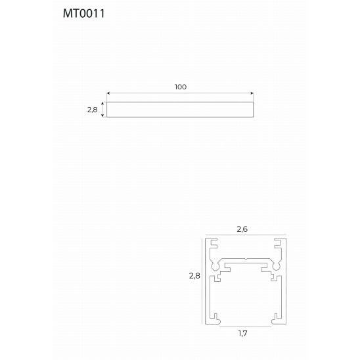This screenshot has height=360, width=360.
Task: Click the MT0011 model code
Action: [84, 13]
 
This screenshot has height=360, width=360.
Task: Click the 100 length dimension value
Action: [181, 87]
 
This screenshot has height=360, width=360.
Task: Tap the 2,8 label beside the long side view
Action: [92, 110]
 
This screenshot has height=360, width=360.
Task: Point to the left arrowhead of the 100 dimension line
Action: [108, 93]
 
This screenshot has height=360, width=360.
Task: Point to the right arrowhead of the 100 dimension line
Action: [252, 93]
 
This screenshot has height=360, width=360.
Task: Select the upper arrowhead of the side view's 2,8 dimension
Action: [102, 104]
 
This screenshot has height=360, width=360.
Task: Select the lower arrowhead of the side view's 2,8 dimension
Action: [102, 116]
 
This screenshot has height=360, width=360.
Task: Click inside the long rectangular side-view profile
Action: [180, 110]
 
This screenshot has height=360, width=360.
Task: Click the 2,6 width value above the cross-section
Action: [242, 229]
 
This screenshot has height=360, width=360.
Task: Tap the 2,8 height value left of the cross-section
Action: [194, 276]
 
